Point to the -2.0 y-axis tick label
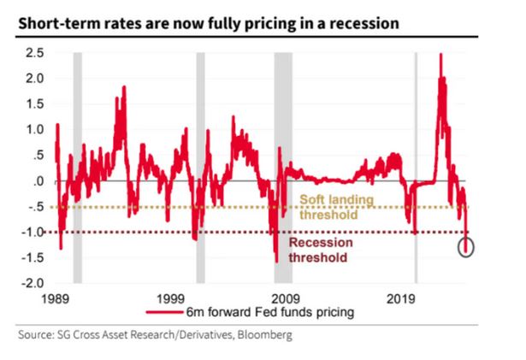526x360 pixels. [33, 283]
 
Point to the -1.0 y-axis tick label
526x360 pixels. [33, 232]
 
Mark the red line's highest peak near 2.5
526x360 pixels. [440, 56]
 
